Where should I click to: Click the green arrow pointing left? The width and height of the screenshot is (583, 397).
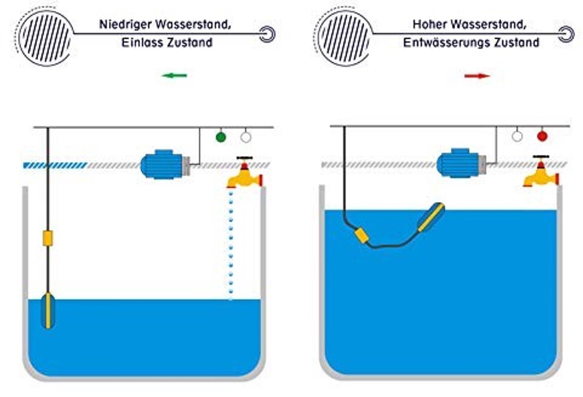174,76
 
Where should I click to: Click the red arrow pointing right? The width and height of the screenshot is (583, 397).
477,76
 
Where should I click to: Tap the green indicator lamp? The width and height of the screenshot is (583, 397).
221,137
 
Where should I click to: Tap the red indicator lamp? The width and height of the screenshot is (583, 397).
542,136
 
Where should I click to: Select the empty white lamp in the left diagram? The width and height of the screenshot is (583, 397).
246,137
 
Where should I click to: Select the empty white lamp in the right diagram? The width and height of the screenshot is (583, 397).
517,136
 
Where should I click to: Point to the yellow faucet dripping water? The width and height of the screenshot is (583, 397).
245,172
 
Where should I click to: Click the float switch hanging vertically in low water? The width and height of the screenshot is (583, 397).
48,311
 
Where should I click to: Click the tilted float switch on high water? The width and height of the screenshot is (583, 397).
431,217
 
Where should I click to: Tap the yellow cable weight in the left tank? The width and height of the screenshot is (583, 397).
48,238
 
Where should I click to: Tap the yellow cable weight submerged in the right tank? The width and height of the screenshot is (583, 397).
362,235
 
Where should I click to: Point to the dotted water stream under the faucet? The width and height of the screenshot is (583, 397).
231,245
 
